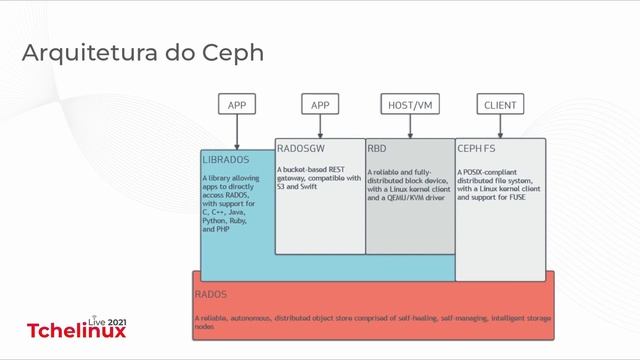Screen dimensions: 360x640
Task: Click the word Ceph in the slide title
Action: click(x=231, y=51)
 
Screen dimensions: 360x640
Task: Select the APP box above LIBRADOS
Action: click(x=236, y=104)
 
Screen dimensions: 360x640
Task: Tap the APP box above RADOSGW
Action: click(x=320, y=104)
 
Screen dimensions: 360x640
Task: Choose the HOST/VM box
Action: click(x=410, y=104)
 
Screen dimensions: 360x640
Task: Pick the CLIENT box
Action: click(x=500, y=104)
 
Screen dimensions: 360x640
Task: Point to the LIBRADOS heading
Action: click(x=225, y=159)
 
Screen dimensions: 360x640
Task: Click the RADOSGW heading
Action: click(x=299, y=148)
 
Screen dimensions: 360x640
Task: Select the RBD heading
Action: click(x=377, y=148)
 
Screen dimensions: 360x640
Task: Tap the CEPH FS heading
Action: click(x=476, y=148)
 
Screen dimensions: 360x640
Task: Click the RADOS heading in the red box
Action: click(x=210, y=295)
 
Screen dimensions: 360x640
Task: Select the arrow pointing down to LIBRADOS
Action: click(x=236, y=132)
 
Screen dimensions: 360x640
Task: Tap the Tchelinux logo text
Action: click(x=76, y=331)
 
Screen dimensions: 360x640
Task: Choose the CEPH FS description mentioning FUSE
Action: click(x=500, y=185)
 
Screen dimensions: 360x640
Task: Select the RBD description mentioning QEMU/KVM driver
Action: click(x=409, y=185)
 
